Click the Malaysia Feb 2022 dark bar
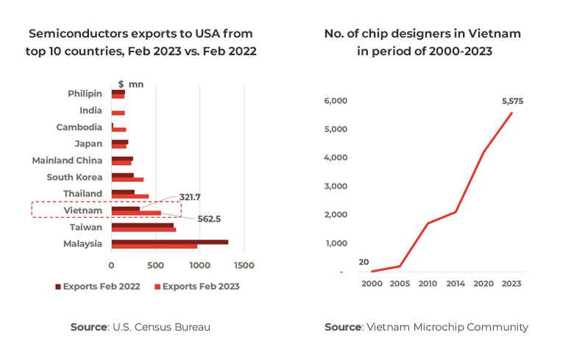169,241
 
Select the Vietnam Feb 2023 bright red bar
136,213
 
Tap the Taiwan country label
86,227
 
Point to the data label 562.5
210,219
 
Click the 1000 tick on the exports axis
199,265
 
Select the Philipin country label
85,93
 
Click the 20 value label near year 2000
364,262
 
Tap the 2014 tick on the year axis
456,283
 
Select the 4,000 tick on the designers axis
336,158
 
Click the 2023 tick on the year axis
511,283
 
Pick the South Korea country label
74,177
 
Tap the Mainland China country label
67,160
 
